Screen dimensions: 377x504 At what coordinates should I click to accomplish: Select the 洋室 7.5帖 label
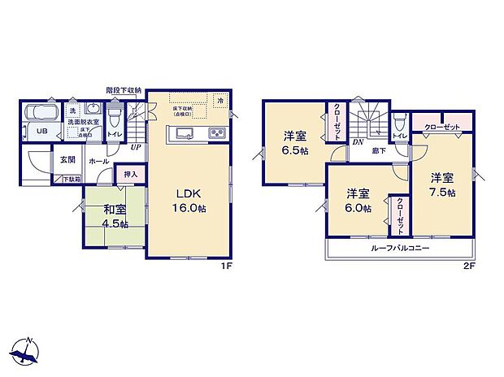coord(442,184)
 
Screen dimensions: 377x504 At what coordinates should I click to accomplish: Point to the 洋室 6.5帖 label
coord(294,143)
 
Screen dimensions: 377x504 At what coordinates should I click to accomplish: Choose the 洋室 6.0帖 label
coord(358,201)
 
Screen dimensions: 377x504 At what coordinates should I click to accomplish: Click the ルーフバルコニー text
coord(400,248)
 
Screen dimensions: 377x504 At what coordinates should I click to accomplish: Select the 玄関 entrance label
coord(67,159)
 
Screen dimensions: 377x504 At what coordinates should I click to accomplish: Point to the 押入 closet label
coord(131,173)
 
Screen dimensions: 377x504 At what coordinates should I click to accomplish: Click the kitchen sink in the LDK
coord(183,133)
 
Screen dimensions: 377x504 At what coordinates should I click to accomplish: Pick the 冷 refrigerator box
coord(219,99)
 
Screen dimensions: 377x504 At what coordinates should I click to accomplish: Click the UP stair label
coord(134,148)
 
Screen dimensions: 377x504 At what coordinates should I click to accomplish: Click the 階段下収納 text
coord(124,89)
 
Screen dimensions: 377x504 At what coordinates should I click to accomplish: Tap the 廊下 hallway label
coord(380,151)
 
